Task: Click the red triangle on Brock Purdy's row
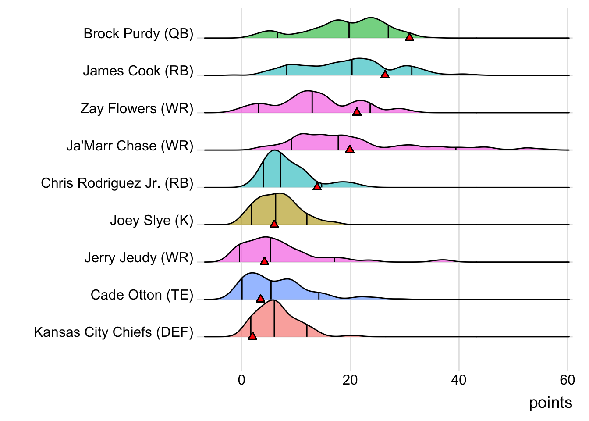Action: [x=409, y=37]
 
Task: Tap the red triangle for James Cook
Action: [x=385, y=75]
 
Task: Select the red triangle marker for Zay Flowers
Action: [x=357, y=112]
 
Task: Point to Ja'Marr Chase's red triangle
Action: [x=349, y=149]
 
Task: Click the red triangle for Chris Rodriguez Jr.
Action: [x=317, y=186]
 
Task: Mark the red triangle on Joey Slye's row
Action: [x=274, y=224]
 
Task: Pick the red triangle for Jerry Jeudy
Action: [x=264, y=261]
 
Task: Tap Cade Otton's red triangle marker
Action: [x=260, y=298]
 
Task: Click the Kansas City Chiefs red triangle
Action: [x=252, y=335]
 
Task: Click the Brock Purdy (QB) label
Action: [x=138, y=33]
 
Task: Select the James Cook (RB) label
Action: [x=138, y=71]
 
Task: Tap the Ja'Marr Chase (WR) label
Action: [x=130, y=146]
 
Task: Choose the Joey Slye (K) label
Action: [x=152, y=220]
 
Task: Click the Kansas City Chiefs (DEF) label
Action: [x=114, y=332]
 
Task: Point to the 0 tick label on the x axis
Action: [x=241, y=380]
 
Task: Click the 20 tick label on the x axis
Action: [x=350, y=380]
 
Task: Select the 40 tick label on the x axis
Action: [x=459, y=380]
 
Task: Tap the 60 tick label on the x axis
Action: [x=567, y=380]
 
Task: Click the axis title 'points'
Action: [x=550, y=403]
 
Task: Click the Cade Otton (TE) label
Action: [x=142, y=295]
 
